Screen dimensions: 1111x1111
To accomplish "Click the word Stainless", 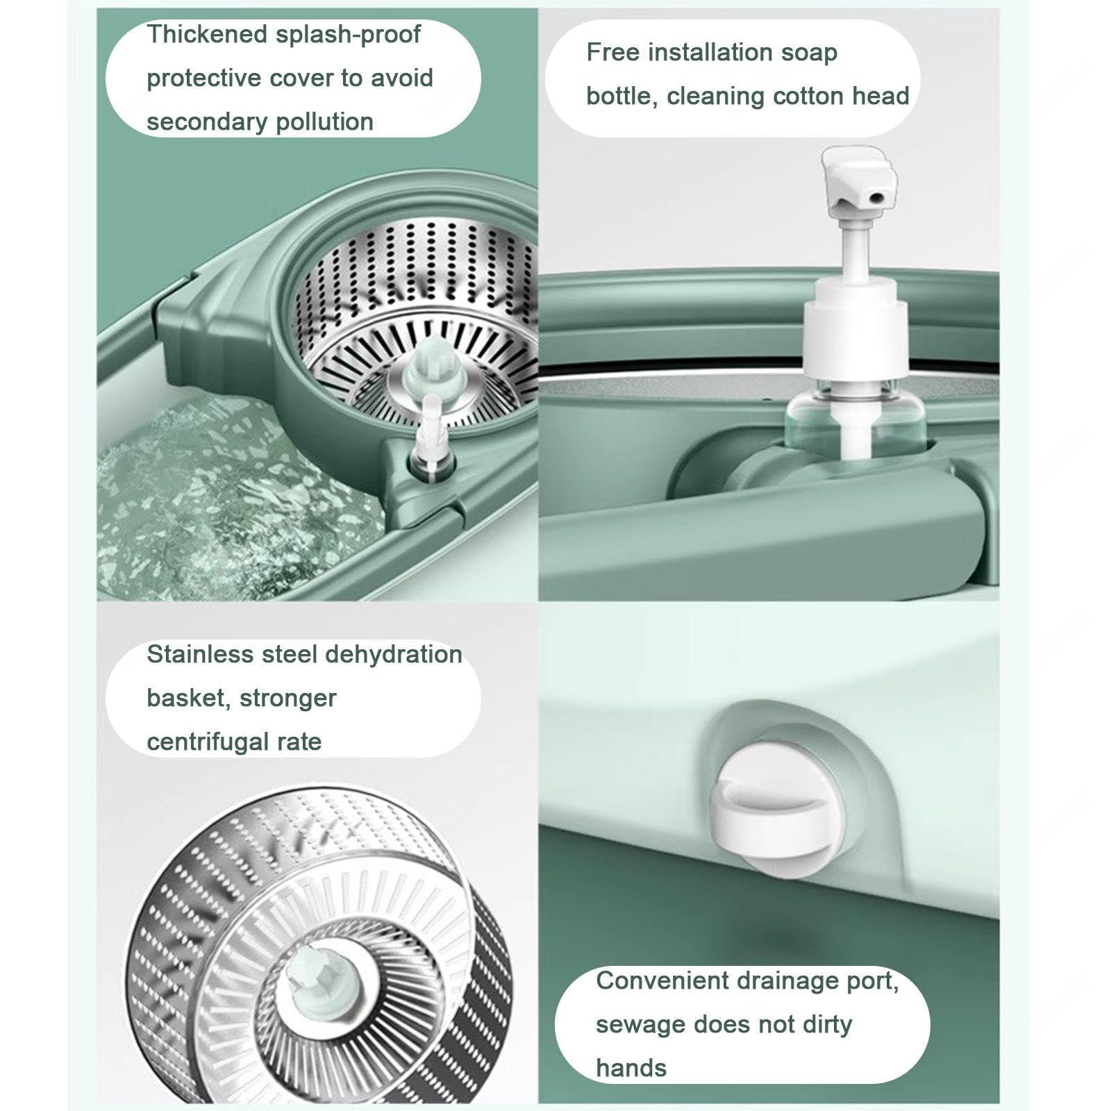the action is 200,654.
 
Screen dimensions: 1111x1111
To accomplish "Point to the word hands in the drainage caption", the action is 631,1067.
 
